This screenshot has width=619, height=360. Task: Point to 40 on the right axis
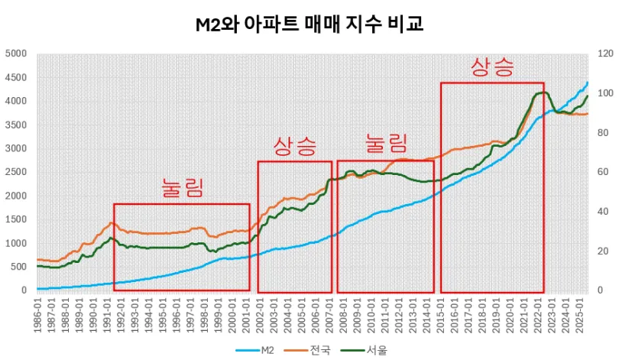603,212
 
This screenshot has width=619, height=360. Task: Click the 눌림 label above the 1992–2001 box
183,188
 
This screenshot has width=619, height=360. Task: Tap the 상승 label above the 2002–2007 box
295,146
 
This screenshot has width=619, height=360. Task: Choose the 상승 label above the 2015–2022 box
493,66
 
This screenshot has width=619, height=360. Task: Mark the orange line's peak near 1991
112,222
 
